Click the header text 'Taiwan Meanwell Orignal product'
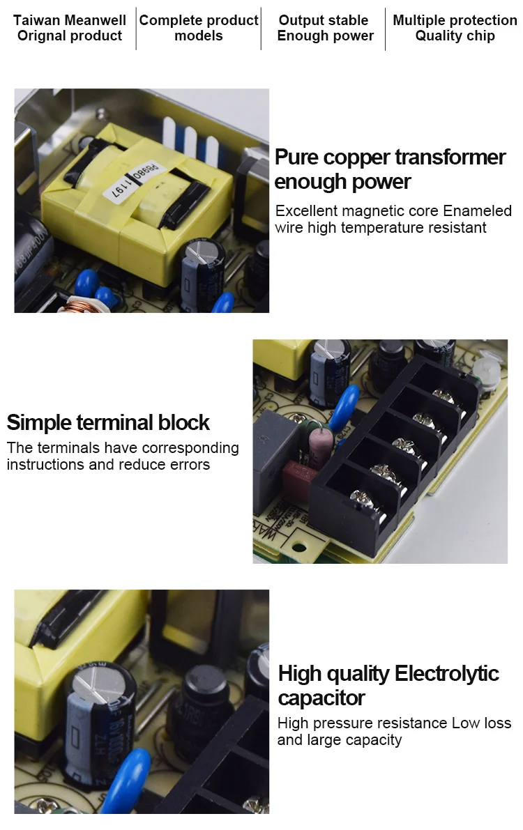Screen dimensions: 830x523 pyautogui.click(x=70, y=28)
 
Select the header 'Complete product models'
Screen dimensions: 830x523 pyautogui.click(x=199, y=28)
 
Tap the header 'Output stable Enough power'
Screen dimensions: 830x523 pyautogui.click(x=325, y=28)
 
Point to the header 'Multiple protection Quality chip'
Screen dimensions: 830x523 pyautogui.click(x=455, y=28)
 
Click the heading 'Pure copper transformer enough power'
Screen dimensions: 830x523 pyautogui.click(x=389, y=169)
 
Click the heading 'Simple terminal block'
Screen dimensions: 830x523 pyautogui.click(x=108, y=422)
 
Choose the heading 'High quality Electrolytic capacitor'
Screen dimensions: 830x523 pyautogui.click(x=388, y=685)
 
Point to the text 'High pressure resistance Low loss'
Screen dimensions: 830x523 pyautogui.click(x=394, y=723)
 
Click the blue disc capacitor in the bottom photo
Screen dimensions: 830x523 pyautogui.click(x=130, y=773)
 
